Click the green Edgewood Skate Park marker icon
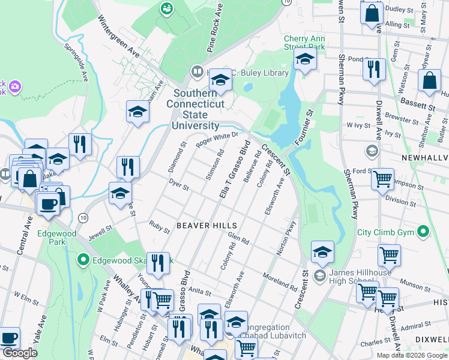click(83, 260)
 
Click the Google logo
click(20, 353)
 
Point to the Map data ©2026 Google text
click(412, 355)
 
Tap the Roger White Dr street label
click(213, 139)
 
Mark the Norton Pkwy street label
click(287, 239)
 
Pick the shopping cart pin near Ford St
click(382, 178)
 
